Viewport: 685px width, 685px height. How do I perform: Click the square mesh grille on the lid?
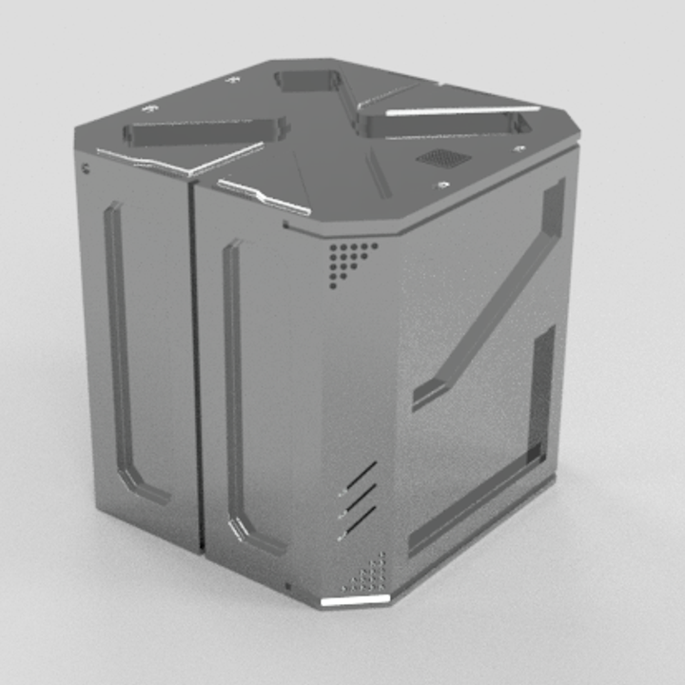[439, 158]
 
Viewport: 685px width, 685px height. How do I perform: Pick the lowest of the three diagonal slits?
[360, 519]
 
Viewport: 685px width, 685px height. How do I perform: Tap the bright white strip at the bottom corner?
[356, 600]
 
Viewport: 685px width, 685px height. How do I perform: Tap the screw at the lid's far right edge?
[519, 148]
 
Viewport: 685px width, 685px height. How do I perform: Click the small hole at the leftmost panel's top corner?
[87, 169]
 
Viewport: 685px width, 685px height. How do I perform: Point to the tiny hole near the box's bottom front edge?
[289, 584]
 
